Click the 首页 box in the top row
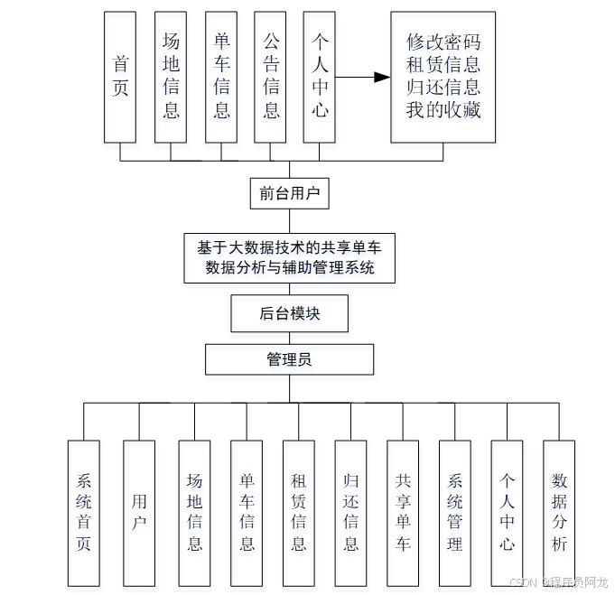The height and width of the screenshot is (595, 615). [x=120, y=77]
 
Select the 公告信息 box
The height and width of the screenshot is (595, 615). [x=271, y=77]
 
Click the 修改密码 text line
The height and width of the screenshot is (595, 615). [x=443, y=42]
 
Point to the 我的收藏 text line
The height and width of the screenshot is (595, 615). [x=443, y=109]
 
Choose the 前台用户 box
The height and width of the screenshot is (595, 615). [x=289, y=193]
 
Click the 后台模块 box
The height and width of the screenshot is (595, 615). [x=289, y=314]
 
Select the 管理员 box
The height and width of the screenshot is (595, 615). [x=289, y=359]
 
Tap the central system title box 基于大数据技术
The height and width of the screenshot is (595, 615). [x=289, y=256]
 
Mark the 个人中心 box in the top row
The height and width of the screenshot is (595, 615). [x=320, y=77]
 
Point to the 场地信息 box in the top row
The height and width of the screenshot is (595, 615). [x=171, y=77]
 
